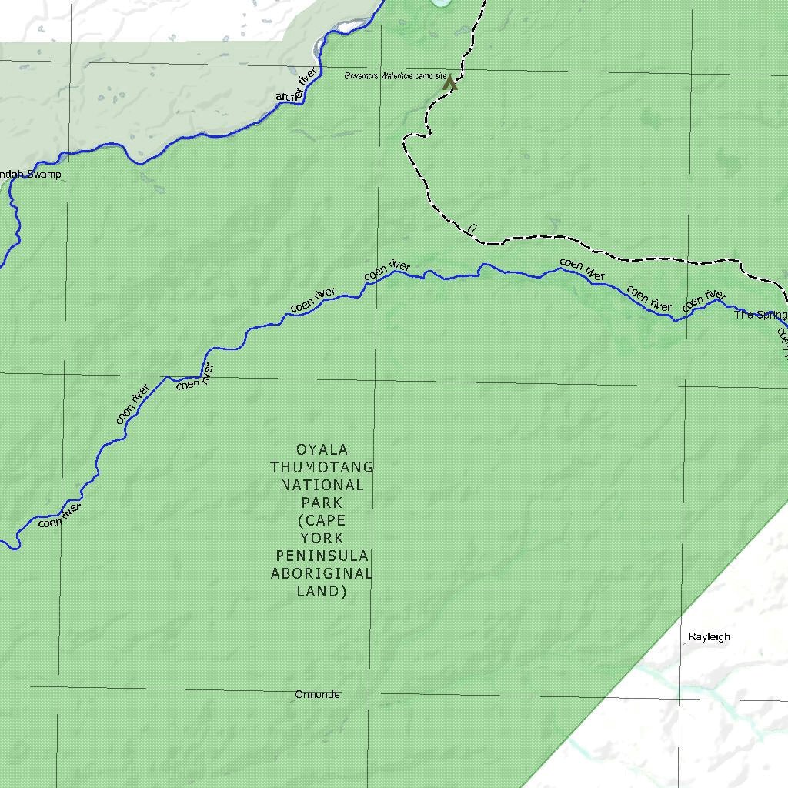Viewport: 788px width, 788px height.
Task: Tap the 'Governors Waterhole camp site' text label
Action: click(395, 76)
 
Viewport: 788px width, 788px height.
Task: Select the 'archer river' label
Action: click(297, 85)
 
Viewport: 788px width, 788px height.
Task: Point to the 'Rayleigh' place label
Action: click(709, 637)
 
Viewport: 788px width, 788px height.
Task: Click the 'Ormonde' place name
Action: click(317, 695)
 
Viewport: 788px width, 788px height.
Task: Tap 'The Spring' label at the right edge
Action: click(760, 315)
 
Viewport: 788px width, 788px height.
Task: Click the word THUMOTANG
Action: click(322, 467)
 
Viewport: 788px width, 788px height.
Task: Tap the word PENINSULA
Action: click(322, 556)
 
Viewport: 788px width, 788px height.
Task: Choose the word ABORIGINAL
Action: click(322, 573)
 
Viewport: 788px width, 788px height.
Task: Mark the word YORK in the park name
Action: click(322, 538)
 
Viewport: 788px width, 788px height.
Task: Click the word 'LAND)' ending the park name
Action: click(322, 591)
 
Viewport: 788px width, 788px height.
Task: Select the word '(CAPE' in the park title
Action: click(322, 520)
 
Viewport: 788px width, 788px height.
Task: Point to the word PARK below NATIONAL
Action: click(322, 503)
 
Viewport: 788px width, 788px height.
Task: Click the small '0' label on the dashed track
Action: click(472, 228)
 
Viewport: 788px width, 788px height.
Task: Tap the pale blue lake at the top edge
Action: click(442, 3)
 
